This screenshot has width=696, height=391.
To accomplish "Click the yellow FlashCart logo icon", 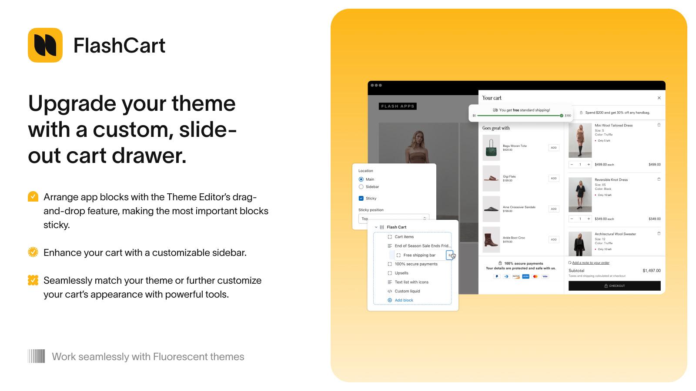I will (45, 45).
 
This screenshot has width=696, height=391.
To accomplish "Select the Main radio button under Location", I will (361, 179).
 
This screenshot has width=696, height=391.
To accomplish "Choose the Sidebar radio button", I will (361, 187).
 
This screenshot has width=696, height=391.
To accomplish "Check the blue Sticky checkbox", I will (361, 199).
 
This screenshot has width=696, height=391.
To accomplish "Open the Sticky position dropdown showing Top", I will (394, 219).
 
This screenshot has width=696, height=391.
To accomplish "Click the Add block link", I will (404, 300).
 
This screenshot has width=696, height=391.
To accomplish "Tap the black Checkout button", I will (614, 286).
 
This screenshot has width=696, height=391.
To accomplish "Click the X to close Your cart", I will (659, 98).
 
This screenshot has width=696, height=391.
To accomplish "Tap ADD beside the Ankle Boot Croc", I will (553, 239).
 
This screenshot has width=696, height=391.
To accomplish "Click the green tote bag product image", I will (491, 148).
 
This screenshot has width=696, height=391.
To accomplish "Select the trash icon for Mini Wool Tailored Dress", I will (659, 125).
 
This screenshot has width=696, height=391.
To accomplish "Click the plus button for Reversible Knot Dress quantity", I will (589, 219).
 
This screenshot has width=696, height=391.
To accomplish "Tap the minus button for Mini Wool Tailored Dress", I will (572, 165).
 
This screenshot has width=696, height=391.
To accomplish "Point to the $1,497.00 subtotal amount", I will (651, 271).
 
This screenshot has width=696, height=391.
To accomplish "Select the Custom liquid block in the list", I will (407, 291).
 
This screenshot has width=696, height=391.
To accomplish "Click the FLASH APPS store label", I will (398, 106).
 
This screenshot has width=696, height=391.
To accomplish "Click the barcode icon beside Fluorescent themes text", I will (37, 356).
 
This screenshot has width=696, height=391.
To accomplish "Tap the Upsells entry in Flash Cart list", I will (401, 273).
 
